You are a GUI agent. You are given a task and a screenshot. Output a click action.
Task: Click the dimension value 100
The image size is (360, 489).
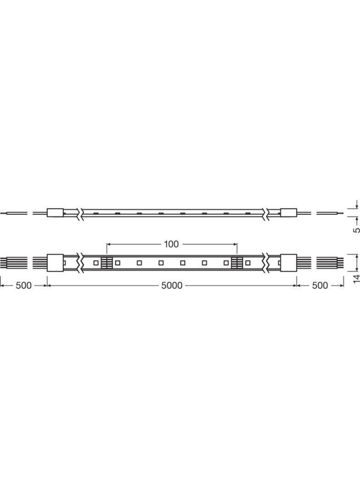pos(171,244)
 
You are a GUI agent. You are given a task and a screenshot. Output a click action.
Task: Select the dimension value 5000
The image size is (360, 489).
pos(172,285)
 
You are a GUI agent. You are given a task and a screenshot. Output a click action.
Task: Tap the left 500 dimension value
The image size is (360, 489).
pos(23,285)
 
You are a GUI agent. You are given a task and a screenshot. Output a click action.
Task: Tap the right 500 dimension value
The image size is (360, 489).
pos(320,285)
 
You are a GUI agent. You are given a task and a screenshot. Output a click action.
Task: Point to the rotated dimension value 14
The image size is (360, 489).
pos(357,278)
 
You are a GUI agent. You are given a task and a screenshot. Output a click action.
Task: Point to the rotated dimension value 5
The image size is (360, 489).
pos(357,230)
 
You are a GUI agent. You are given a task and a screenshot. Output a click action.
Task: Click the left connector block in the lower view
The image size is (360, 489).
pos(55,262)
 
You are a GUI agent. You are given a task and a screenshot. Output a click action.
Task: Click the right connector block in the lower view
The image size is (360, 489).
pos(288,262)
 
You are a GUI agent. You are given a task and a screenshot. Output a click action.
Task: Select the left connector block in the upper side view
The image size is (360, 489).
pos(55,213)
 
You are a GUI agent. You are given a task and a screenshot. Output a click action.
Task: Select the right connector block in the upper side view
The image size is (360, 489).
pos(288,213)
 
